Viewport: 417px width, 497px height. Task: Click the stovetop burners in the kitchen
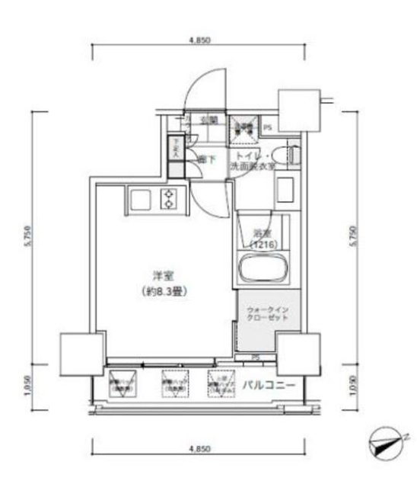pos(168,199)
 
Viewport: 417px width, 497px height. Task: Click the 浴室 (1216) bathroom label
pos(262,238)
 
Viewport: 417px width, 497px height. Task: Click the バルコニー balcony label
pos(268,386)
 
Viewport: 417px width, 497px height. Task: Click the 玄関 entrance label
pos(209,120)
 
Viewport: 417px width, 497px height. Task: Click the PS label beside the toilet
pos(267,128)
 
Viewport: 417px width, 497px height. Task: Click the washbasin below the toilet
pos(285,188)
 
